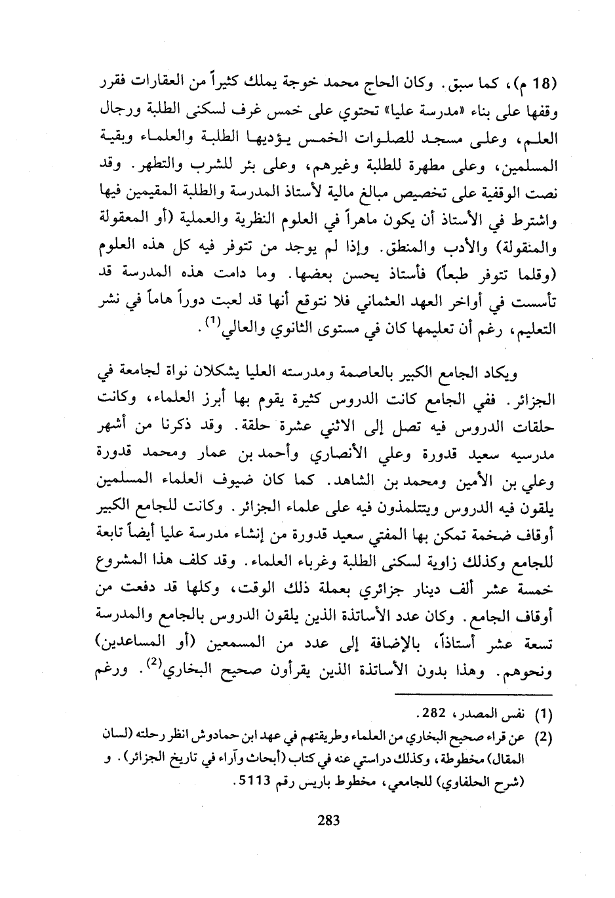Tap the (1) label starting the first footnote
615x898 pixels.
pyautogui.click(x=546, y=713)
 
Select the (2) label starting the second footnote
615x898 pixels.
pyautogui.click(x=546, y=737)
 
